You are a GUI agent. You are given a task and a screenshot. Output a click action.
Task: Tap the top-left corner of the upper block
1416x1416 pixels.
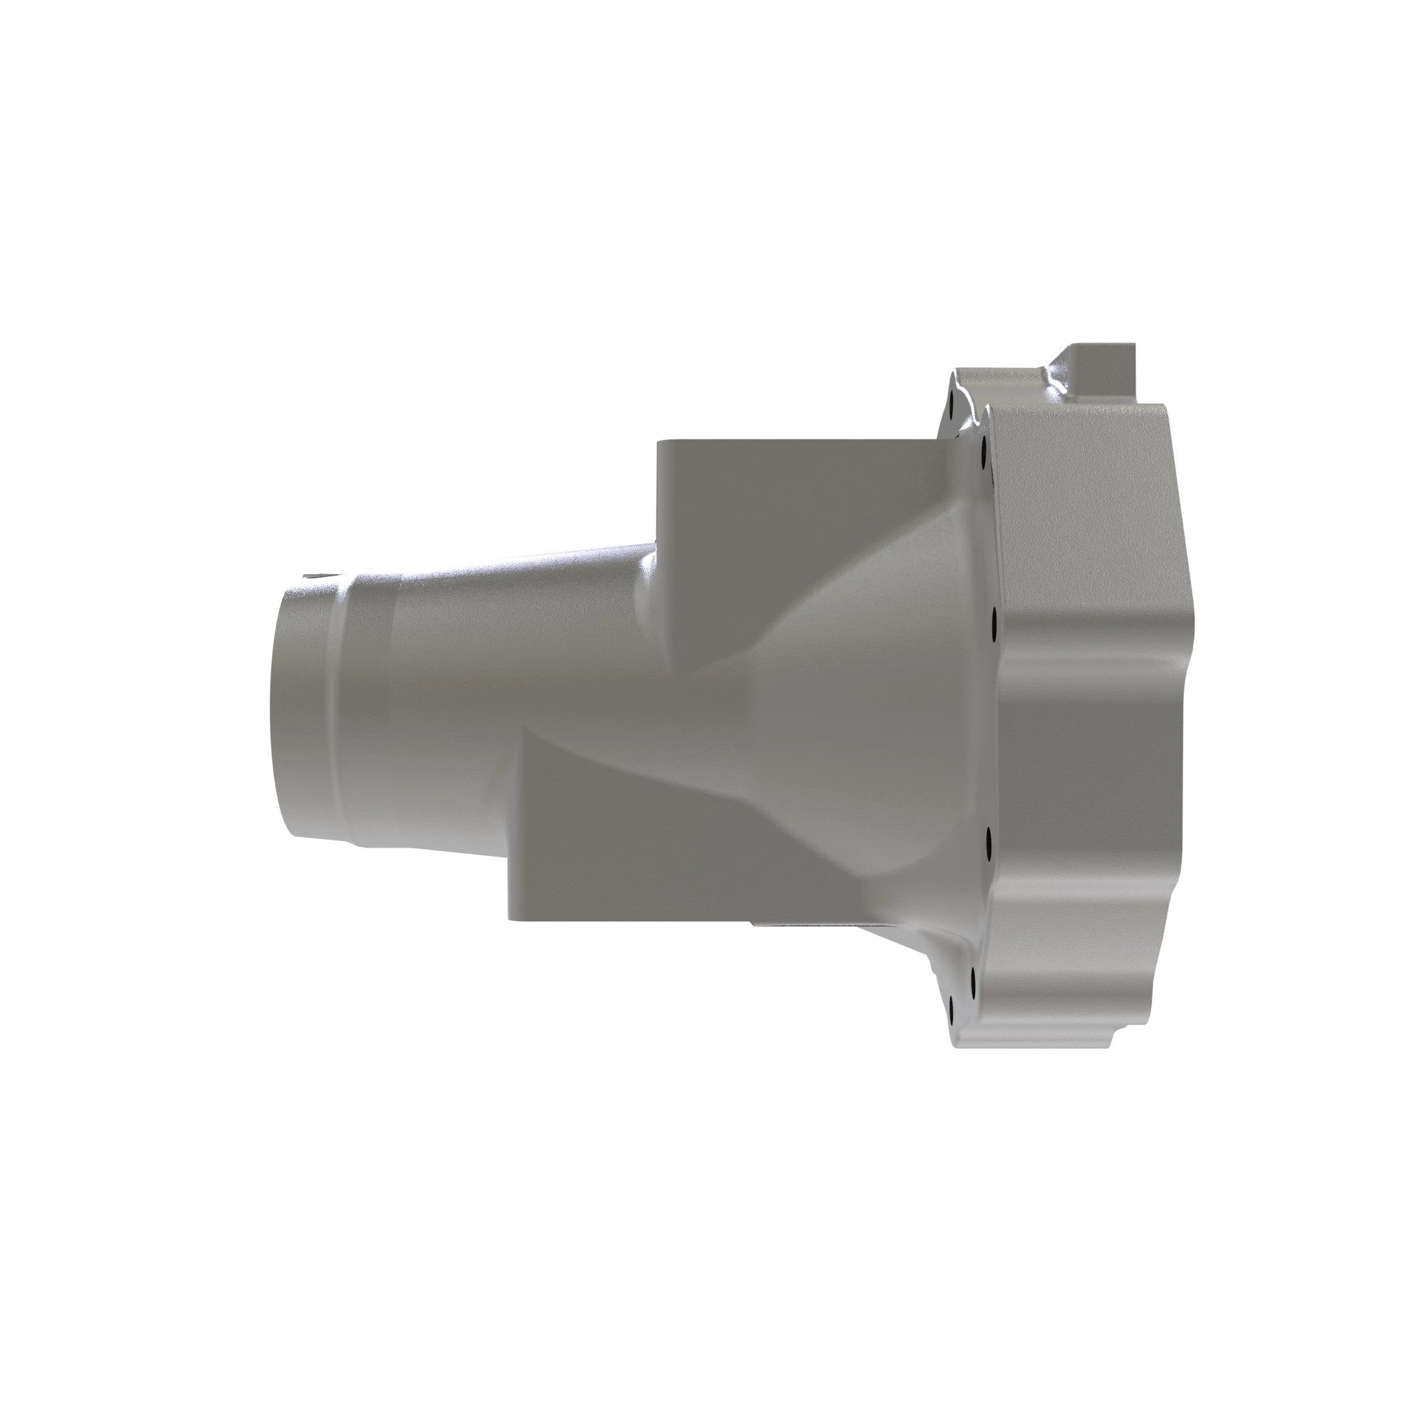pyautogui.click(x=660, y=442)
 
